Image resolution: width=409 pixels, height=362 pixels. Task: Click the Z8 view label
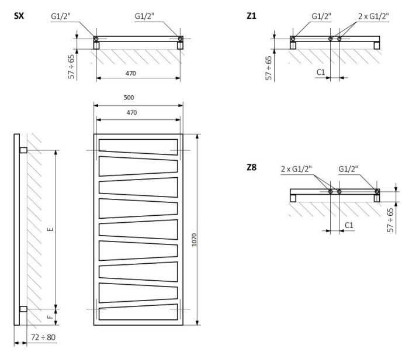[252, 168]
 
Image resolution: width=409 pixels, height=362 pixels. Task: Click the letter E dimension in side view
[50, 229]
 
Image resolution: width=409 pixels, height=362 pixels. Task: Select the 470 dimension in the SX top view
[138, 73]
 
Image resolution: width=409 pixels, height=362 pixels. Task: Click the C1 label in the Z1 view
[321, 72]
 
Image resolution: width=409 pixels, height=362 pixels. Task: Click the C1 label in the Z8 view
[348, 225]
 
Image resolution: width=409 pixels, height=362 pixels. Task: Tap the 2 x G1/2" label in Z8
[296, 169]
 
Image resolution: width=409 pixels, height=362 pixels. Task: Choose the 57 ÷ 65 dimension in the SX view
[71, 66]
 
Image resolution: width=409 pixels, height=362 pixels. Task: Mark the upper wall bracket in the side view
[23, 150]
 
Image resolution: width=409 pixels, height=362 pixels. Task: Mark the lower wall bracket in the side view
[23, 309]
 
